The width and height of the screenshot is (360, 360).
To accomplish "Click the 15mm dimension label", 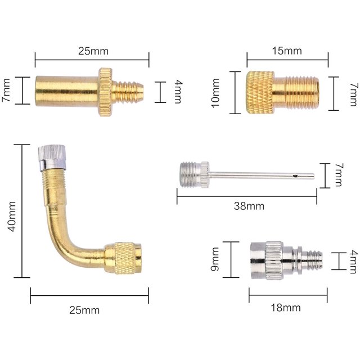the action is point(287,51).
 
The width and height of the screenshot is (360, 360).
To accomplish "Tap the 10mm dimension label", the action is point(215,93).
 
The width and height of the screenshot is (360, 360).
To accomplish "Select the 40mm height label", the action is point(11,216).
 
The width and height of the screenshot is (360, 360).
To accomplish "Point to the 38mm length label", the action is point(249,206).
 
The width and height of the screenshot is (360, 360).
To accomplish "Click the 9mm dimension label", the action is point(215,259).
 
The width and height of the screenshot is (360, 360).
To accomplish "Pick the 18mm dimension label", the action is point(286,308).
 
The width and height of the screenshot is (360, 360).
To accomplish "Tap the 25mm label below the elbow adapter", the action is point(84,310).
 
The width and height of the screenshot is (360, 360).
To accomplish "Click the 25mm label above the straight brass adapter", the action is point(93,51).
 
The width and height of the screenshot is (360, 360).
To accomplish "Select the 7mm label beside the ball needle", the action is point(339,175).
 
